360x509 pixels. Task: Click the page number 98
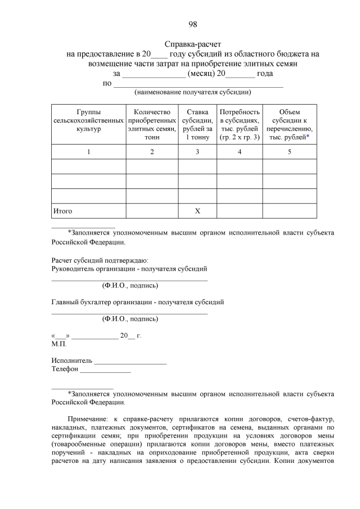(x=192, y=24)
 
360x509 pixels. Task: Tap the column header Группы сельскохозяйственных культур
(x=88, y=121)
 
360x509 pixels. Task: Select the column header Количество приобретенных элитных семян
(x=152, y=124)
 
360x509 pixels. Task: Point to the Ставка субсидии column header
(x=197, y=124)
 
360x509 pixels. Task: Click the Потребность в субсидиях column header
(x=240, y=124)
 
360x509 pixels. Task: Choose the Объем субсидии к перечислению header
(x=289, y=124)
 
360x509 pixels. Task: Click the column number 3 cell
(x=197, y=152)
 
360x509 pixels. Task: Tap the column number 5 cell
(x=289, y=152)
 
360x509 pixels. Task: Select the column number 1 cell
(x=88, y=152)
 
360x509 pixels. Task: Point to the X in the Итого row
(x=197, y=211)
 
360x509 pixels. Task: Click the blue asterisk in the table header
(x=308, y=137)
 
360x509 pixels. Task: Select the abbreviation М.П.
(x=58, y=343)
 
